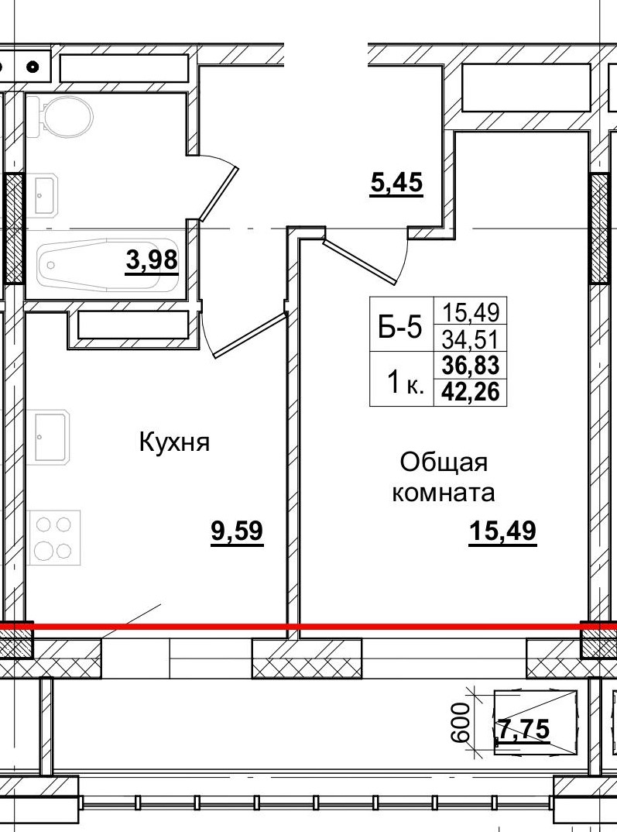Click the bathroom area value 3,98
click(153, 262)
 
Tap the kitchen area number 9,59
click(238, 532)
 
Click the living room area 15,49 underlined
click(502, 532)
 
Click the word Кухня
click(175, 443)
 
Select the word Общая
click(444, 462)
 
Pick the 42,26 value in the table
click(471, 392)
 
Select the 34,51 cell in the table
click(471, 339)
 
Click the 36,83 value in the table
click(471, 365)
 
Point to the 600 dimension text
click(462, 722)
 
